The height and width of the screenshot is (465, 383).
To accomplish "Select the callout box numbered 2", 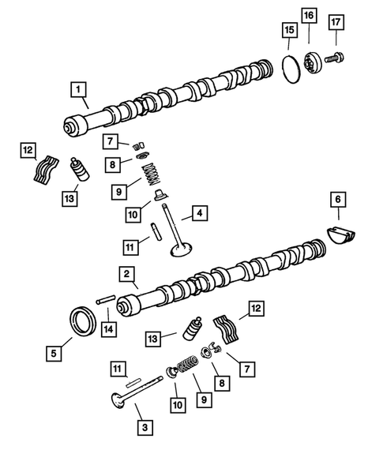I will point(125,274).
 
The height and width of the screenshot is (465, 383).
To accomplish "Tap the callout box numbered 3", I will point(145,428).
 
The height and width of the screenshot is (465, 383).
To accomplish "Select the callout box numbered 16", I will point(308,15).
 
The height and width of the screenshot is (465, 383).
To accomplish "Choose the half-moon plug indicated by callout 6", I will point(342,235).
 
